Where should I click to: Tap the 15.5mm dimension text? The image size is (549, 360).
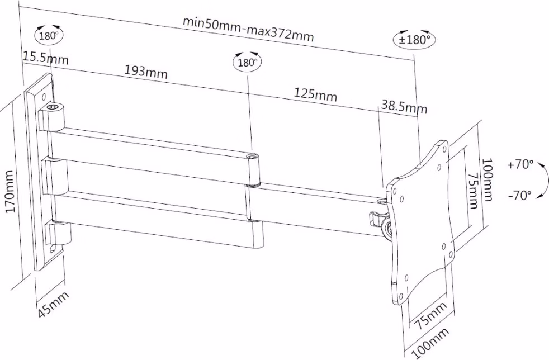tap(45, 58)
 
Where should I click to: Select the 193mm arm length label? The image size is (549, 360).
tap(146, 72)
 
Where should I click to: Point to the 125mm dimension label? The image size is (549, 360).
tap(315, 94)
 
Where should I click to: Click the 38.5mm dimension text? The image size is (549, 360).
tap(404, 106)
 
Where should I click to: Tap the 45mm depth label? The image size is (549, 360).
tap(53, 304)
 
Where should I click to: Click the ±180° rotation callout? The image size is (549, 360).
tap(415, 39)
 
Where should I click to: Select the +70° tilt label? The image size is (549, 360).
tap(520, 164)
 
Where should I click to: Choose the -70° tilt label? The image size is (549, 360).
tap(519, 195)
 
